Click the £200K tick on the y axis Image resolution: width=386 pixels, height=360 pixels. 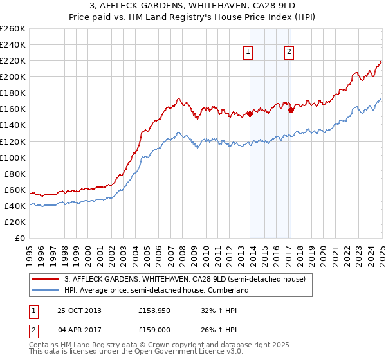click(x=13, y=76)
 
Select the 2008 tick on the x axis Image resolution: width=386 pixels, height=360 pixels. click(x=183, y=251)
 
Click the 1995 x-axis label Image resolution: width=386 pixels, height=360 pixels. click(x=30, y=251)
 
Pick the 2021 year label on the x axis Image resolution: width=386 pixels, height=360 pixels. click(x=335, y=251)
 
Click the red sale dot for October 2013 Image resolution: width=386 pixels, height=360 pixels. click(x=250, y=114)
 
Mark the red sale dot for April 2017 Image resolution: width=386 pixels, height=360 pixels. click(x=291, y=110)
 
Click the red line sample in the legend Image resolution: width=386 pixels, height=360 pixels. click(x=45, y=279)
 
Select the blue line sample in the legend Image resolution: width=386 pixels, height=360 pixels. click(x=45, y=291)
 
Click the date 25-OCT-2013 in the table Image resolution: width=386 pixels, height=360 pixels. click(x=79, y=310)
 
